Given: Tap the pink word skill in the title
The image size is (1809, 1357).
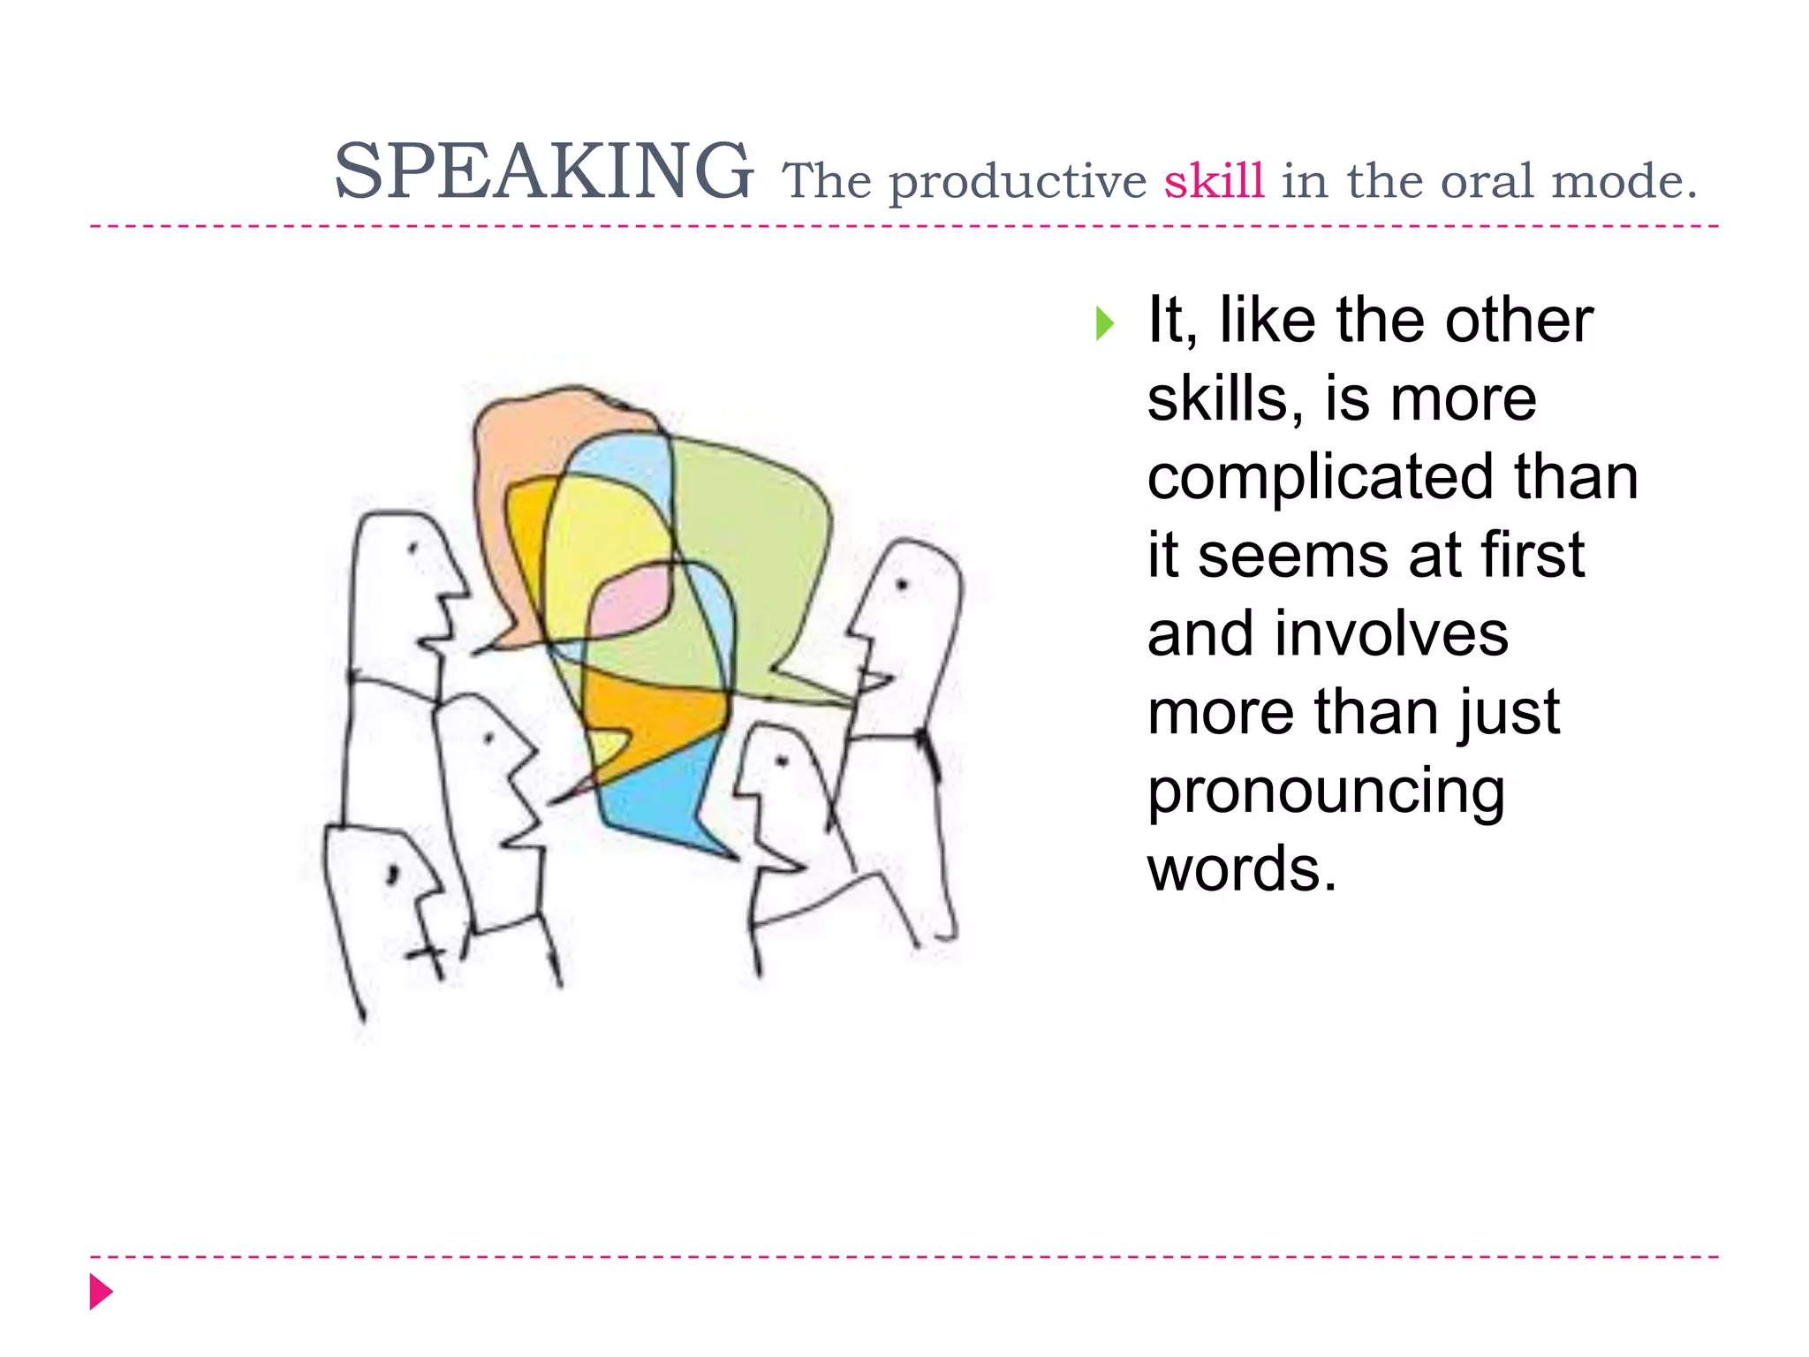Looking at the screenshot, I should tap(1214, 181).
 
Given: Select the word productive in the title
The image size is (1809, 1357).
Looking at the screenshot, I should tap(1017, 183).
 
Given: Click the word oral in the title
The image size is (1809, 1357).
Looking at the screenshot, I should tap(1488, 181).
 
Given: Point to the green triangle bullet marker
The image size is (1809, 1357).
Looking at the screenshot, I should tap(1104, 323).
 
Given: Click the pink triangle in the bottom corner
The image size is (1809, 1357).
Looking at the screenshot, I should tap(101, 1292).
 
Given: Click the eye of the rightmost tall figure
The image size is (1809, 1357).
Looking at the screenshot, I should tap(902, 584).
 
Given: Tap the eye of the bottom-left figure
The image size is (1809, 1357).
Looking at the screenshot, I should tap(393, 874).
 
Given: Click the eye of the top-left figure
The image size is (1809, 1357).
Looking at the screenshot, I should tap(412, 549).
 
